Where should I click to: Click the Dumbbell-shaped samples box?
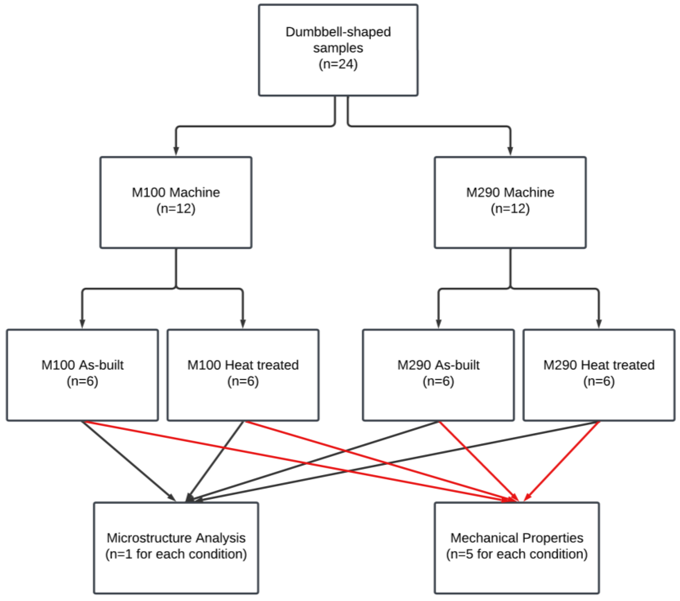[x=338, y=50]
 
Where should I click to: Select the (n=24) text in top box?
[x=338, y=64]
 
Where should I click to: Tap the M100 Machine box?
[x=176, y=202]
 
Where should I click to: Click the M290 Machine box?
[x=510, y=202]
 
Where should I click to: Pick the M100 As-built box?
[x=82, y=375]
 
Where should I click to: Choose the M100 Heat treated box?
[x=243, y=375]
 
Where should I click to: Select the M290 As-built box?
[x=438, y=375]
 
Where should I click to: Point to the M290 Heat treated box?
[x=599, y=375]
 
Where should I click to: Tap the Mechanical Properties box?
[x=516, y=547]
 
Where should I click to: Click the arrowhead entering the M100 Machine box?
[x=176, y=151]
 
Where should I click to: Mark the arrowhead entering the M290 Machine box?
[x=510, y=151]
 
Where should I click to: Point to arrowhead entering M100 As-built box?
[x=82, y=324]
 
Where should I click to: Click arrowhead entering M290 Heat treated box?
[x=599, y=324]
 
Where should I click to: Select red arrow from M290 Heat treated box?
[x=562, y=461]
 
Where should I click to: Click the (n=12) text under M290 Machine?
[x=510, y=209]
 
